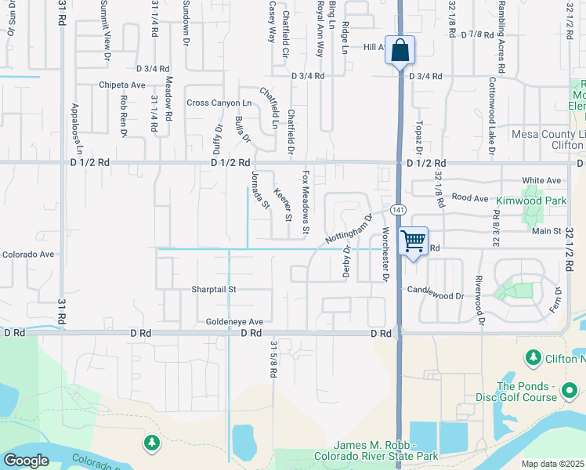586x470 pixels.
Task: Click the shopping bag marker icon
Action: (400, 52)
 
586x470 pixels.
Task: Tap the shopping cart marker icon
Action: (413, 241)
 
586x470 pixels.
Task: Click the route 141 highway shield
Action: (399, 209)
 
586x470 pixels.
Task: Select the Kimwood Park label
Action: (530, 201)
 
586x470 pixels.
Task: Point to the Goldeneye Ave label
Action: (234, 321)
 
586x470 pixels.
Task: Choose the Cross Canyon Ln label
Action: (219, 103)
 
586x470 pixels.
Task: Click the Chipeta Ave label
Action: (122, 85)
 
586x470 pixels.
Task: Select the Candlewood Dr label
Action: (436, 296)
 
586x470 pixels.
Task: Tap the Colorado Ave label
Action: (27, 254)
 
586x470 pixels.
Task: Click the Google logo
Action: (26, 461)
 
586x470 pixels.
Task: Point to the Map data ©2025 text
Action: (552, 464)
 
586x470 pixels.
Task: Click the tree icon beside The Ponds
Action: (534, 358)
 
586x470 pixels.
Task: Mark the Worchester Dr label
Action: (385, 254)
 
